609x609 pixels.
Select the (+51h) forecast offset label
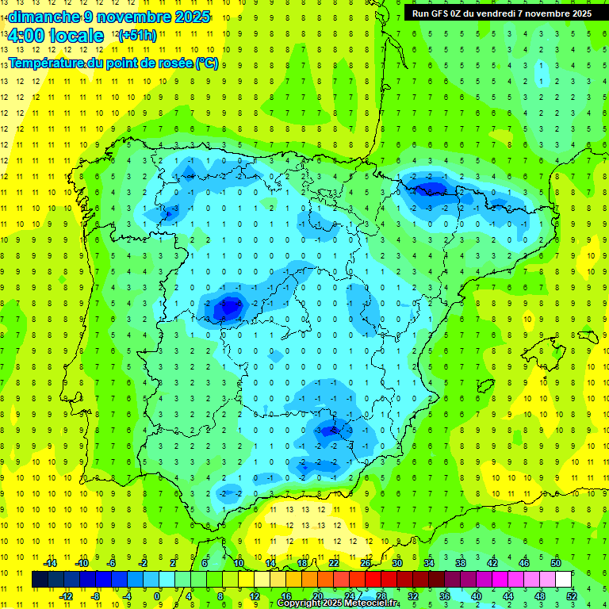coord(136,36)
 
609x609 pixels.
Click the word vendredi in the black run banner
coord(504,13)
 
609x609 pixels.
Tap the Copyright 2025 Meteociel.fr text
coord(337,603)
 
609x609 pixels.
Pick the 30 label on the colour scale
coord(397,563)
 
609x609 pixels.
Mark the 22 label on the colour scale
coord(334,563)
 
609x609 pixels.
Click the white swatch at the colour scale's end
coord(564,580)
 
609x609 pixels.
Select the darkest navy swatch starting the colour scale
coord(40,580)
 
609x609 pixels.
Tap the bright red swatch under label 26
coord(373,580)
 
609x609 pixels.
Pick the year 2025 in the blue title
coord(191,17)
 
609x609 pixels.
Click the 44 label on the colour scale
coord(508,596)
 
